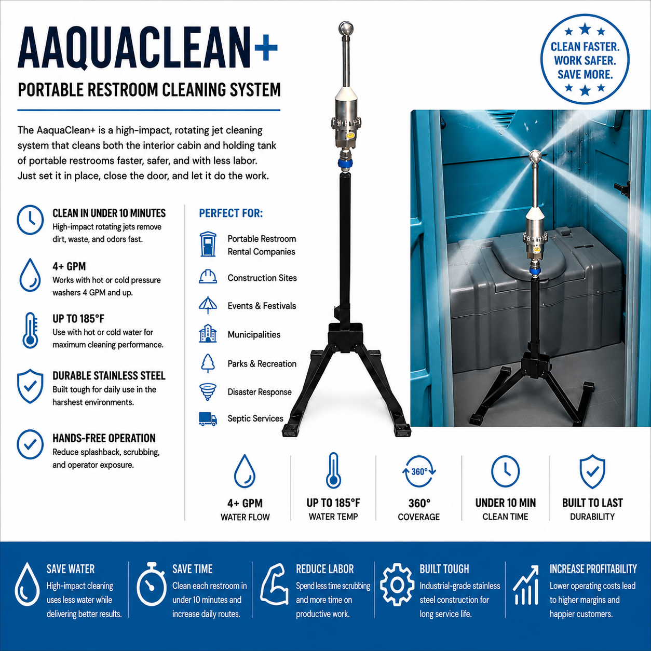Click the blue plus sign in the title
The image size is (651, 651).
pos(266,48)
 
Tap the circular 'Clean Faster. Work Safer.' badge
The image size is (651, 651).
pos(585,59)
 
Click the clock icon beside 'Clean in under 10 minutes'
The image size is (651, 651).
pos(30,220)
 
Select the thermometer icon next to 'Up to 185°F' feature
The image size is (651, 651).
pos(30,330)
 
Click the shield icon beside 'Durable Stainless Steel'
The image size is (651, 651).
pos(30,386)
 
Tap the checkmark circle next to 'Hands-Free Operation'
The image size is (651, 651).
pos(30,444)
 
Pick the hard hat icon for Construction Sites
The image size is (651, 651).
pos(208,277)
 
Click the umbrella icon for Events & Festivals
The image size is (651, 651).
pos(208,305)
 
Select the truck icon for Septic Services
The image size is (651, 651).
pos(208,419)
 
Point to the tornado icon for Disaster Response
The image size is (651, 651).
pos(208,392)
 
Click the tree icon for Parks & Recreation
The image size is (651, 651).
pos(208,363)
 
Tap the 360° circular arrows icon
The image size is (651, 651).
pos(419,471)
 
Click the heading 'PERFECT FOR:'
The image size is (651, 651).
pos(230,213)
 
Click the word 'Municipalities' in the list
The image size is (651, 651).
pos(254,334)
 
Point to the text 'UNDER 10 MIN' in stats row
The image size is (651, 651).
pos(506,503)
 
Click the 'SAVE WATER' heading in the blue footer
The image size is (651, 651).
pos(71,569)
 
